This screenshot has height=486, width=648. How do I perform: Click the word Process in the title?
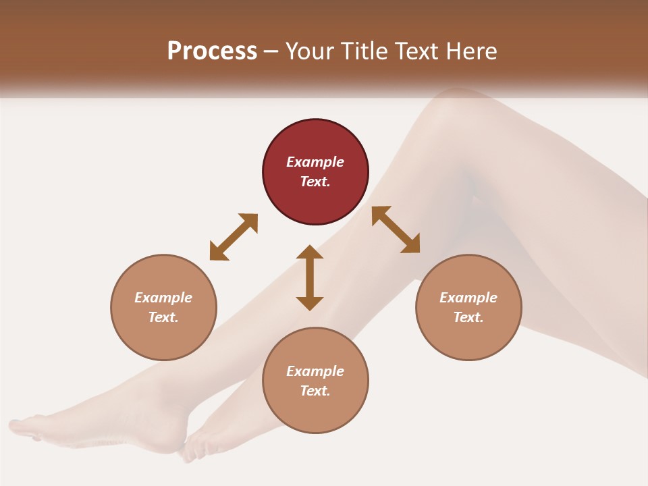pos(212,51)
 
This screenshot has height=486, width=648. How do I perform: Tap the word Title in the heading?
pos(362,51)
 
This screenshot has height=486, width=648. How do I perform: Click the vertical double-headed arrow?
pos(310,277)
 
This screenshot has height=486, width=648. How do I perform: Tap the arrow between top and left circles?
pos(234,236)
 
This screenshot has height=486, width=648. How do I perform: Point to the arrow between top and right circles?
pos(396,230)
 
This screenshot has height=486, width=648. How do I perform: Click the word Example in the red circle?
pos(315,162)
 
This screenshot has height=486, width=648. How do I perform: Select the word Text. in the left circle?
pos(163,317)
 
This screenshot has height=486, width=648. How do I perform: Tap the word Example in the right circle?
pos(468,298)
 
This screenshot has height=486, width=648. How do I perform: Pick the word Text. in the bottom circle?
pos(315,391)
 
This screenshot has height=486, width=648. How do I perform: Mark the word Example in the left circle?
pos(163,298)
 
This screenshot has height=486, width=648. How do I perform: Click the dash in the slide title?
pos(271,52)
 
